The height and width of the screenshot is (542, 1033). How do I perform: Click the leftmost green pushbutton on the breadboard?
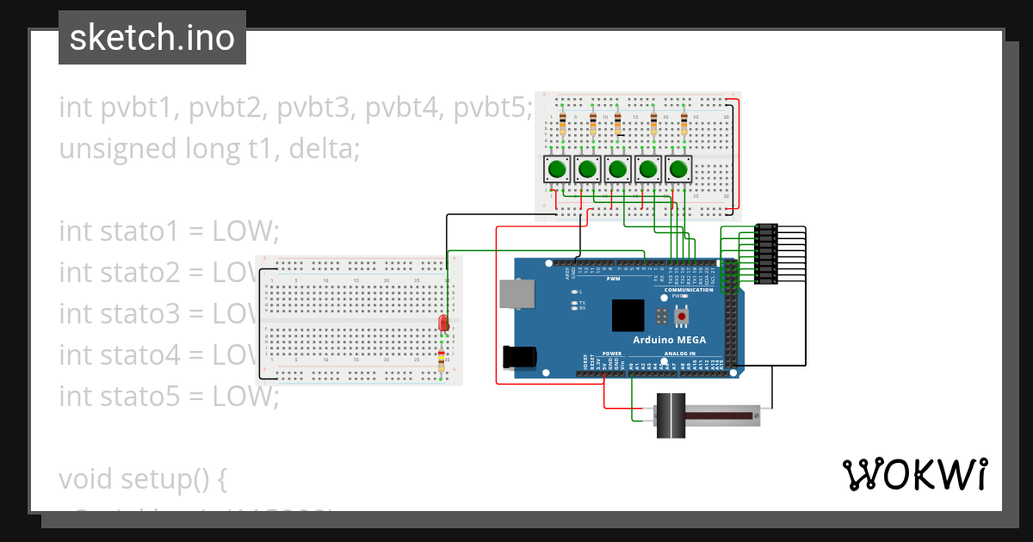(557, 169)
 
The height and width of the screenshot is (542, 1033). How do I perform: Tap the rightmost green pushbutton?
(678, 169)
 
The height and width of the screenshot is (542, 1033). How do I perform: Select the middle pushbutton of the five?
(617, 169)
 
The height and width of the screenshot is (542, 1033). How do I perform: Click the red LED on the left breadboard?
(442, 323)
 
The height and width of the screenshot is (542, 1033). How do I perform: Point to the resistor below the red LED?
(442, 361)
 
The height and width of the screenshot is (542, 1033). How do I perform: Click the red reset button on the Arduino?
(682, 317)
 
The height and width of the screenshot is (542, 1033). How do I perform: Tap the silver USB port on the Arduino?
(515, 294)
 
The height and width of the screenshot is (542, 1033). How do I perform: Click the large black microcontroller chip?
(628, 316)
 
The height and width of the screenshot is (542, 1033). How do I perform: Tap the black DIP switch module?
(766, 254)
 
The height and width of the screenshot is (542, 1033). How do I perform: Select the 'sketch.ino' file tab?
(152, 38)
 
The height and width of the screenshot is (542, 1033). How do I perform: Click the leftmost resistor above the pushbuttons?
(562, 125)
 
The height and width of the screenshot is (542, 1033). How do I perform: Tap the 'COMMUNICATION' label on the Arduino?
(689, 290)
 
